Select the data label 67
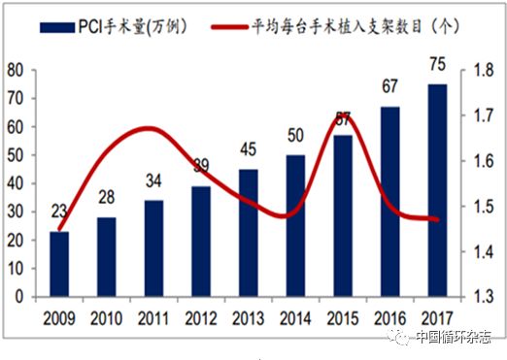[x=391, y=86]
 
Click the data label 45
[x=250, y=149]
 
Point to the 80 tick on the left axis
[x=17, y=70]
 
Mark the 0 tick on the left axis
[x=22, y=297]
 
